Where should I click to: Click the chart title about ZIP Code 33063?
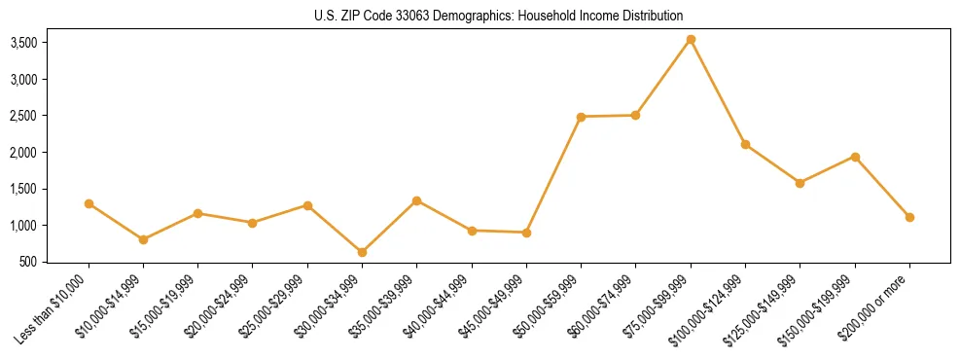[x=499, y=16]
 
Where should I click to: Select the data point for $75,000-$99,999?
[x=691, y=40]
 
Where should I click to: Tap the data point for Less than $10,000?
[x=89, y=203]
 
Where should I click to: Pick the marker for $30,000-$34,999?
[x=362, y=252]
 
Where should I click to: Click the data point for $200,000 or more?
[x=909, y=217]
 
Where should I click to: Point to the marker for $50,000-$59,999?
[x=581, y=117]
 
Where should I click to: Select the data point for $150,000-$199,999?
[x=855, y=157]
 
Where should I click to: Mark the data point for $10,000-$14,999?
[x=143, y=239]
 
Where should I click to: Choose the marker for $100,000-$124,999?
[x=745, y=144]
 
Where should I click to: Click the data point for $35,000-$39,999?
[x=416, y=200]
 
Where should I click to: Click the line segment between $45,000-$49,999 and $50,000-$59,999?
[x=553, y=175]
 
